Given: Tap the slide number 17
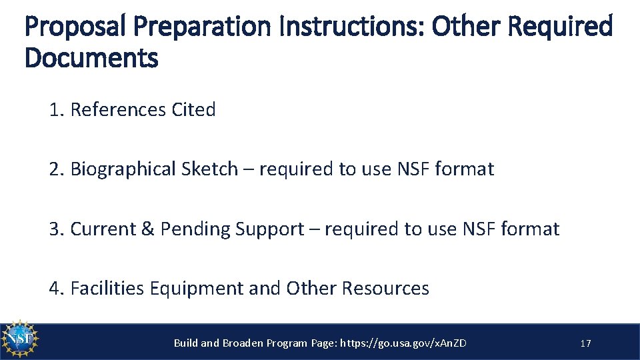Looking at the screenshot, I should click(x=585, y=343).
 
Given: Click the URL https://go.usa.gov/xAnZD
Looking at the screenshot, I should click(x=403, y=343).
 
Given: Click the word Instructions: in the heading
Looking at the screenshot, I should click(x=353, y=27).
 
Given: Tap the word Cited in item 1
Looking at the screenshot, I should click(x=193, y=110).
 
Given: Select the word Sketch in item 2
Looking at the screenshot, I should click(x=209, y=169).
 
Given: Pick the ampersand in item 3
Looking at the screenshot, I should click(x=147, y=229).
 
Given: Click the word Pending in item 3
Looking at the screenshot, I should click(x=196, y=229).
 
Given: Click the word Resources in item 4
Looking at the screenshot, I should click(x=385, y=289).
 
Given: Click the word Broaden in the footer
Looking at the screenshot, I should click(x=241, y=343).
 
